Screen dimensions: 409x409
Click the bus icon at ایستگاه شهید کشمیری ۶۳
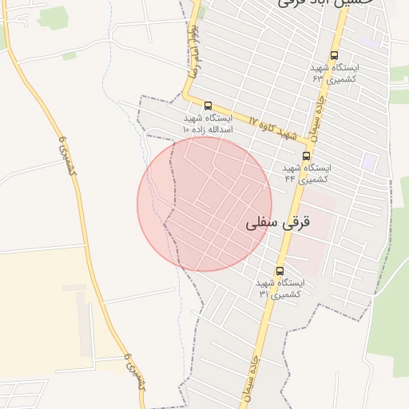334,56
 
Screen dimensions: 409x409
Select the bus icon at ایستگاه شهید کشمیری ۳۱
279,271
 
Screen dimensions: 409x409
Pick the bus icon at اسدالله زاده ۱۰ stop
208,105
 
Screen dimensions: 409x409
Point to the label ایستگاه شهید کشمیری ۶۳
335,73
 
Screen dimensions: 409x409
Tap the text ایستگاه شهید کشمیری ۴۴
307,173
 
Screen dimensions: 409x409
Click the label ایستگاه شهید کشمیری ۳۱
280,288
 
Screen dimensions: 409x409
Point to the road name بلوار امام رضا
194,48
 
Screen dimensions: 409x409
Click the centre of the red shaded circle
204,204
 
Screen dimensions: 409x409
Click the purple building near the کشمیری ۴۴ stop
368,161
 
